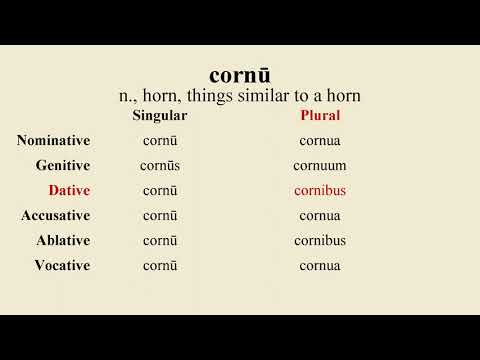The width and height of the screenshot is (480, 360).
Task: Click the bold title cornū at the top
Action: pos(239,75)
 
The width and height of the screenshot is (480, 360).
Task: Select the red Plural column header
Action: pos(320,116)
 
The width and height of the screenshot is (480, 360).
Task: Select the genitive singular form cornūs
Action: pos(160,165)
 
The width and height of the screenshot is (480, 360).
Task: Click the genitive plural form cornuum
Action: pos(320,165)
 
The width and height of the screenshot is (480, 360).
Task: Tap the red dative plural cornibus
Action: pos(320,190)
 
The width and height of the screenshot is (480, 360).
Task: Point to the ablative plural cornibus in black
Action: pos(320,240)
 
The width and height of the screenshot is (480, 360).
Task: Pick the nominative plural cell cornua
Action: pos(320,140)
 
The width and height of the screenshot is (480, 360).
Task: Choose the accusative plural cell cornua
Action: pos(320,215)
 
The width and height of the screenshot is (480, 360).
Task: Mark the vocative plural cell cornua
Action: pos(320,265)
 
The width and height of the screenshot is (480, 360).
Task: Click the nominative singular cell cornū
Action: pos(160,140)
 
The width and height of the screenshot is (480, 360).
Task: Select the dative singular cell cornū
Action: pos(160,190)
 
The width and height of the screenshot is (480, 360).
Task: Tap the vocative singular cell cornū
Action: pos(160,265)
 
